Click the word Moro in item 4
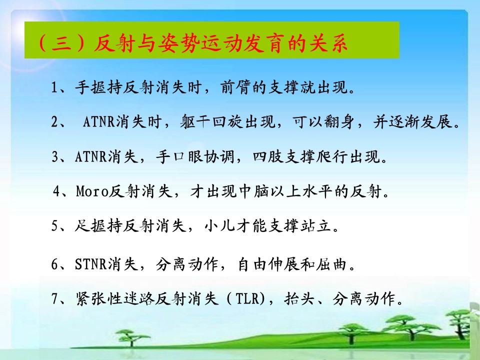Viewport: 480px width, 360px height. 92,191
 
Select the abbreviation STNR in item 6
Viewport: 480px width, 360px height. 90,264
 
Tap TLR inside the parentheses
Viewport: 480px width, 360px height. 248,298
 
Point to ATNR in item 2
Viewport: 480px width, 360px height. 99,122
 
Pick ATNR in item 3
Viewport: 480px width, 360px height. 91,156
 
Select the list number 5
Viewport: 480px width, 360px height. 54,226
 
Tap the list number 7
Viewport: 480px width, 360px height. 54,298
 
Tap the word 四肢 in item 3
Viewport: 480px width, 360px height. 268,156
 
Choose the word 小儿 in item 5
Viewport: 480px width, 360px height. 220,226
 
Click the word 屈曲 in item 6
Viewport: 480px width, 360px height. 331,264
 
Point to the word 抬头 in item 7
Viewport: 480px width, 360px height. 299,298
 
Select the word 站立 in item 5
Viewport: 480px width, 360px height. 316,226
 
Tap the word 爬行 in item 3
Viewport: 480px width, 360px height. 332,156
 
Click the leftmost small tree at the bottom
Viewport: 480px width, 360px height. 132,337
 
